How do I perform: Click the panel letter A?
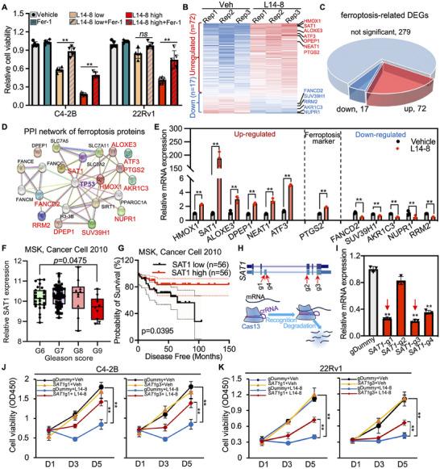click(x=6, y=6)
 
